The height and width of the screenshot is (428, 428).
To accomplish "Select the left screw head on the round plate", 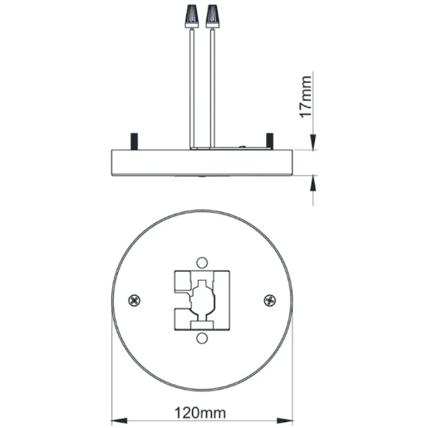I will click(x=135, y=299).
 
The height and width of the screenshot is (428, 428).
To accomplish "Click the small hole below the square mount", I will click(x=202, y=338).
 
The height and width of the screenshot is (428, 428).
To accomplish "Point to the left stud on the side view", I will click(x=132, y=140).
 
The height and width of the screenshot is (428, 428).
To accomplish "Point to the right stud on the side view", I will click(x=269, y=140).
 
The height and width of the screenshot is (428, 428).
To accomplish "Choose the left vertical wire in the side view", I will click(x=194, y=83).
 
